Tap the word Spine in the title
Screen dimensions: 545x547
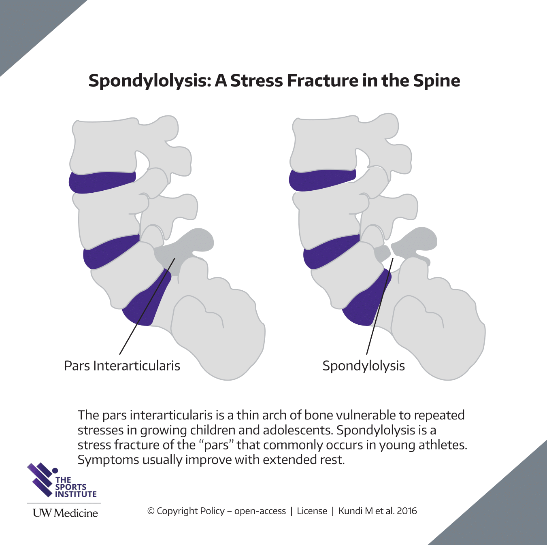point(436,81)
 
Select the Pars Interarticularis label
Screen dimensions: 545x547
point(122,366)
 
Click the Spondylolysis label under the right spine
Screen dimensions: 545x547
point(363,366)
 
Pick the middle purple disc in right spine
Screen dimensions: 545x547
point(330,251)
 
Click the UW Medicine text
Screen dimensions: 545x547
point(65,513)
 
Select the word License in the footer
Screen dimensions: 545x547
point(312,511)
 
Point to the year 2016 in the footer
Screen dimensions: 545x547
point(407,511)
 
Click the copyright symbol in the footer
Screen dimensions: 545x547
point(151,511)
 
